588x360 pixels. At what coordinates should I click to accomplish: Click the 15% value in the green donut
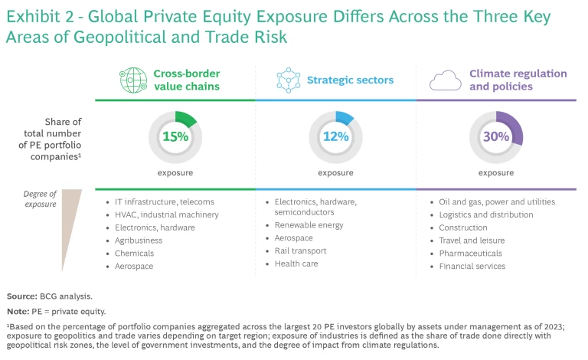175,138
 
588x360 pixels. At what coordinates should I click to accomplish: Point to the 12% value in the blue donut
335,138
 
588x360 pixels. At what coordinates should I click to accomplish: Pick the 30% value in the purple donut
495,138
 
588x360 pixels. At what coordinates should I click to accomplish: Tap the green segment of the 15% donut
188,119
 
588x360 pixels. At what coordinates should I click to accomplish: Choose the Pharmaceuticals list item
470,253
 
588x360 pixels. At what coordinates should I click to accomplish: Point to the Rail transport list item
301,250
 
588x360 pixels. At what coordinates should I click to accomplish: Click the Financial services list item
472,266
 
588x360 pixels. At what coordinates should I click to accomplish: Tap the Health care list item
297,263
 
